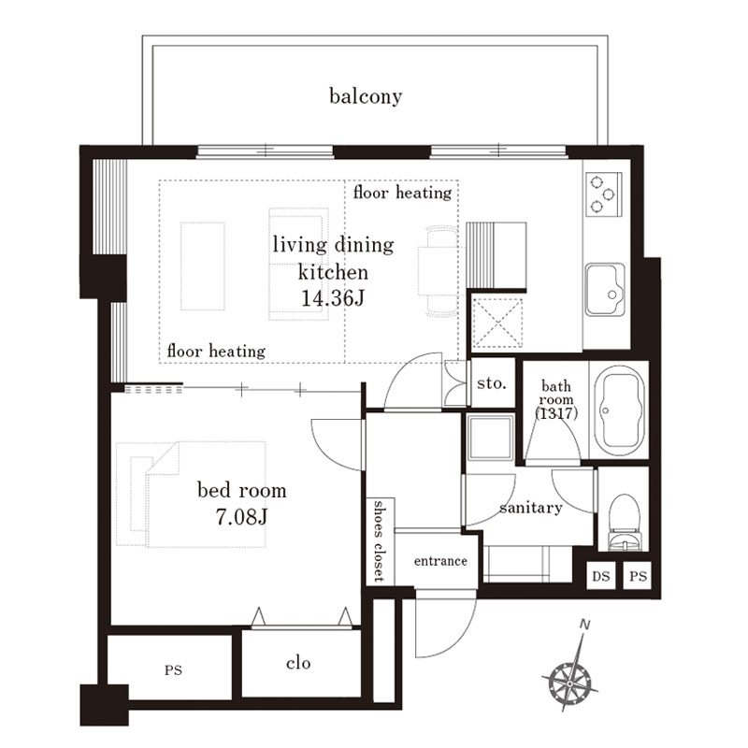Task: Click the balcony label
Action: (366, 96)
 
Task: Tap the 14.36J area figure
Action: (333, 298)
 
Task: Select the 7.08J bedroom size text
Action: (241, 517)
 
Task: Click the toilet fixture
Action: (624, 523)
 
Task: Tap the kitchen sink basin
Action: (605, 289)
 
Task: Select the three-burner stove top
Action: (603, 194)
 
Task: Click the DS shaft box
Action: (600, 576)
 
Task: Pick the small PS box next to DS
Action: (638, 576)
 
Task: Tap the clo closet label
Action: (298, 663)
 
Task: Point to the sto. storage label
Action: (492, 382)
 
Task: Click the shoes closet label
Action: (379, 541)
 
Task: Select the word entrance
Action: (440, 561)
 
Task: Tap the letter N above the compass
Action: (584, 624)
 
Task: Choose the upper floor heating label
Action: (402, 193)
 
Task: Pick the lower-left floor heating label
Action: (216, 352)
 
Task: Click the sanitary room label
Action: (530, 508)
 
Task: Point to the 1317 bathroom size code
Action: (556, 413)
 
